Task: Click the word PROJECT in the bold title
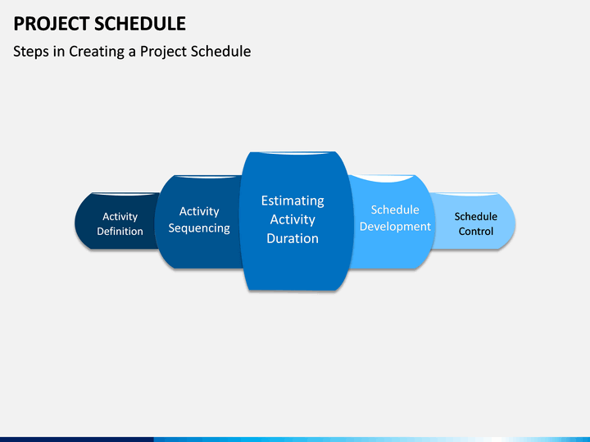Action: tap(52, 24)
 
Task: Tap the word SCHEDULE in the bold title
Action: tap(140, 24)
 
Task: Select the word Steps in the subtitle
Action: tap(31, 52)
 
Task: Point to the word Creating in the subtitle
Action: tap(97, 52)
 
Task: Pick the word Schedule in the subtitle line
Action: tap(221, 51)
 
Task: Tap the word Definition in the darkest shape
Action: tap(120, 231)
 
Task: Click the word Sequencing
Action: tap(199, 228)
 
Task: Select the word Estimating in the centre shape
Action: tap(293, 201)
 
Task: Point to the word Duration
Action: tap(293, 238)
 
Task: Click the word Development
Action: tap(395, 227)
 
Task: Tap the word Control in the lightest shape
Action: tap(475, 231)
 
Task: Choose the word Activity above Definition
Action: tap(120, 217)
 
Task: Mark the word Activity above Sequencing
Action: tap(199, 212)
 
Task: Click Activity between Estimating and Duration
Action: tap(293, 220)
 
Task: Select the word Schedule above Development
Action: tap(395, 210)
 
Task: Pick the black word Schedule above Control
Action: tap(475, 216)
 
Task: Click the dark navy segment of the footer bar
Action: tap(77, 440)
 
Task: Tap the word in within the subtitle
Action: tap(59, 52)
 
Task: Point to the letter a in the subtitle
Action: tap(132, 52)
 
